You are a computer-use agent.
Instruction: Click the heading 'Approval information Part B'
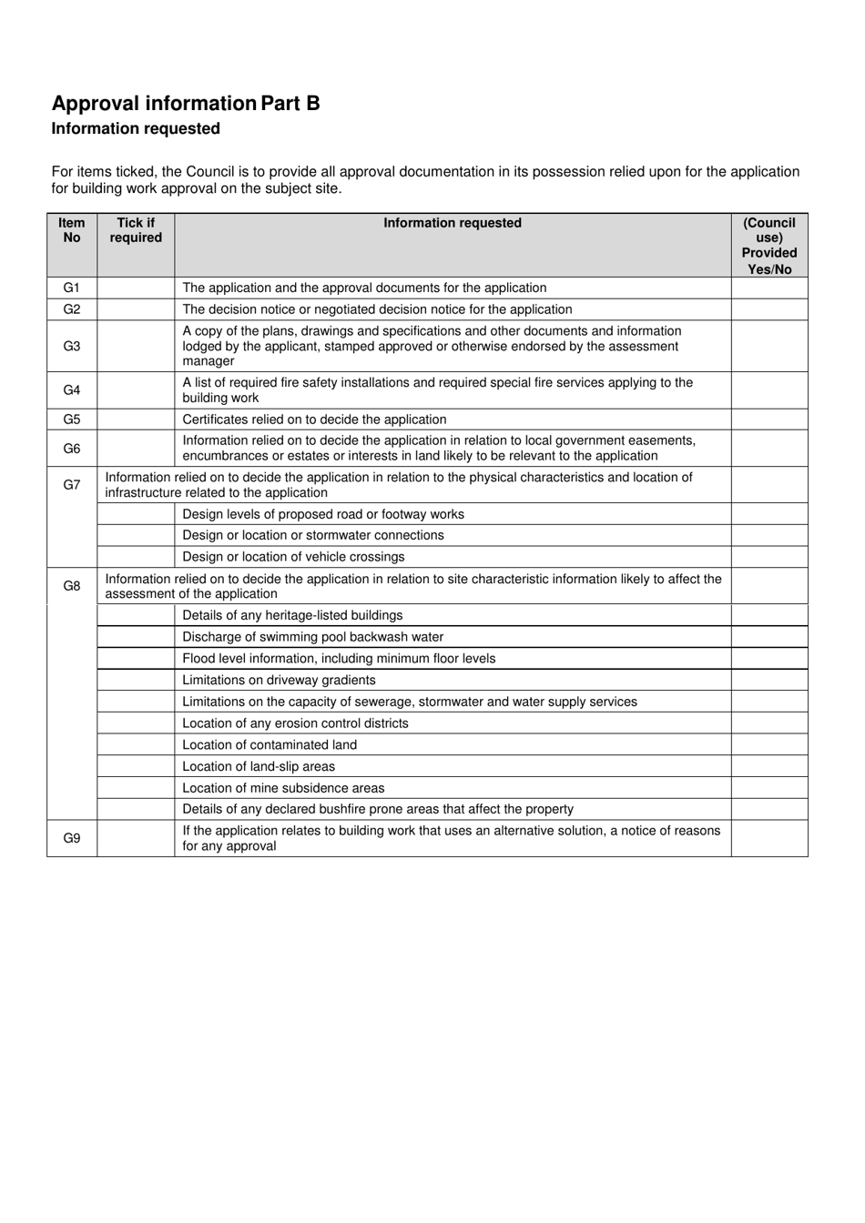pyautogui.click(x=186, y=104)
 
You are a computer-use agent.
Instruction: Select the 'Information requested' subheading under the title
pyautogui.click(x=136, y=129)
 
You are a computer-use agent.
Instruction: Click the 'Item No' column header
pyautogui.click(x=72, y=230)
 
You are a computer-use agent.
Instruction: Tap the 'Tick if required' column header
pyautogui.click(x=136, y=230)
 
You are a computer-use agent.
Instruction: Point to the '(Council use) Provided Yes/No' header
pyautogui.click(x=768, y=246)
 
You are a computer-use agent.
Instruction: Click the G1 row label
pyautogui.click(x=72, y=288)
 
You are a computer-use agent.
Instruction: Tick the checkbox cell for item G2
pyautogui.click(x=136, y=309)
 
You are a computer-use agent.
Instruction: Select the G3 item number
pyautogui.click(x=72, y=346)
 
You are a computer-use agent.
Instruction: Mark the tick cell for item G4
pyautogui.click(x=136, y=390)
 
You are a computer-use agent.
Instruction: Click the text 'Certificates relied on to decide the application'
pyautogui.click(x=314, y=419)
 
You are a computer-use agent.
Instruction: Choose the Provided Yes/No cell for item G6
pyautogui.click(x=768, y=449)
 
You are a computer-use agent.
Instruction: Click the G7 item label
pyautogui.click(x=72, y=485)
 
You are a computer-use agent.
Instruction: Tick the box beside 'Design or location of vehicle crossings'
pyautogui.click(x=136, y=557)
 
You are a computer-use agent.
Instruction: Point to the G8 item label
pyautogui.click(x=72, y=586)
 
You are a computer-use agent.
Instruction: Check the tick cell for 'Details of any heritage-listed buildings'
pyautogui.click(x=136, y=615)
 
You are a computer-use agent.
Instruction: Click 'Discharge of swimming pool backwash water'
pyautogui.click(x=312, y=637)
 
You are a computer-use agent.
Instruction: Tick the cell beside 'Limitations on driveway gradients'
pyautogui.click(x=136, y=680)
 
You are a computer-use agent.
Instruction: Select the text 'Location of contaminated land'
pyautogui.click(x=270, y=744)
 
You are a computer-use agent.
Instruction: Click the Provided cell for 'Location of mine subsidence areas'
pyautogui.click(x=768, y=788)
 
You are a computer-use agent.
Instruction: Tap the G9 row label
pyautogui.click(x=72, y=838)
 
